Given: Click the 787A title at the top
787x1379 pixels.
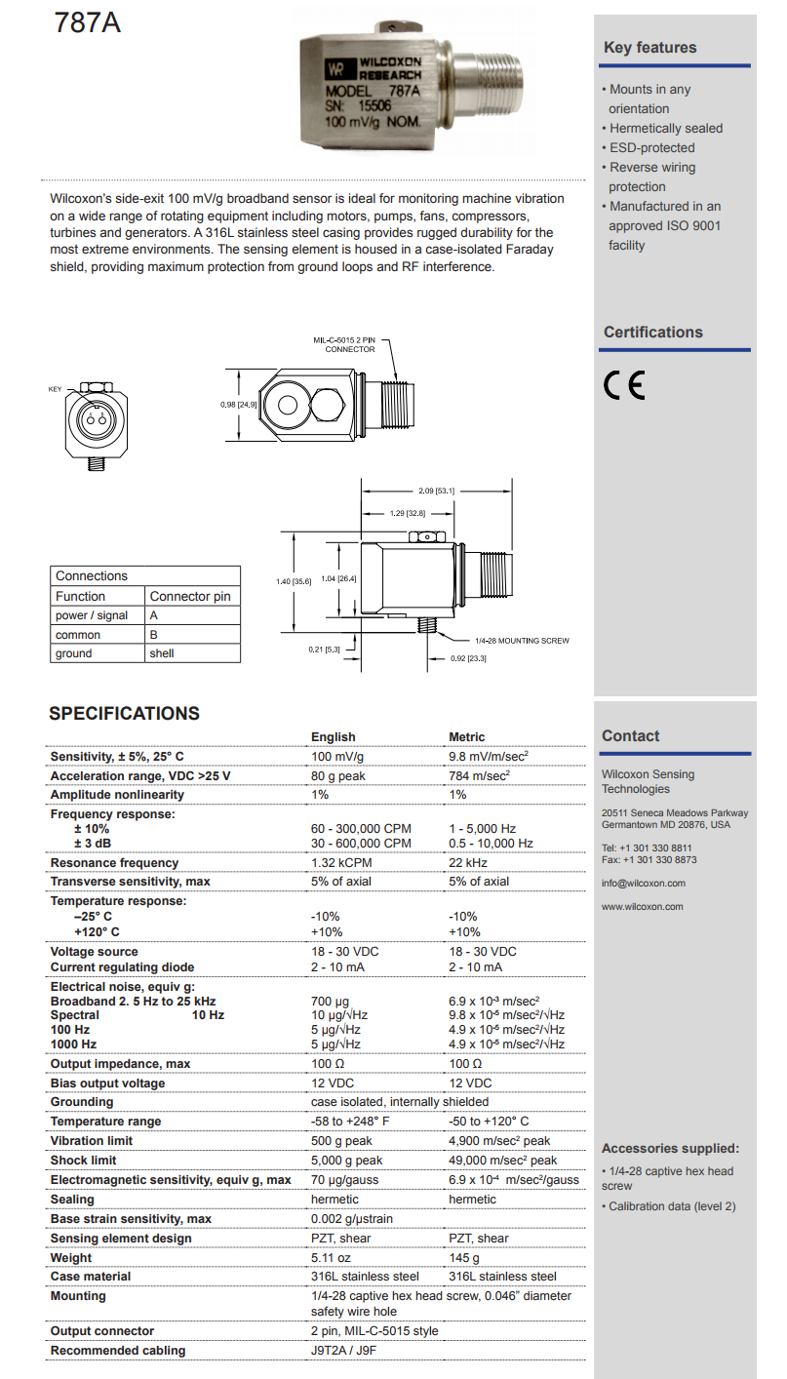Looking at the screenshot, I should coord(88,21).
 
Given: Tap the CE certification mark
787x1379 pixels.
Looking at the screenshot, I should coord(624,387).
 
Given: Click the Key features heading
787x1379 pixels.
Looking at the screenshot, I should coord(649,48).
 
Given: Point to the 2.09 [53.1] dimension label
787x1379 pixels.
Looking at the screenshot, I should coord(437,491).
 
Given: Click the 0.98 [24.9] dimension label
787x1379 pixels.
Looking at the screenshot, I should coord(239,404).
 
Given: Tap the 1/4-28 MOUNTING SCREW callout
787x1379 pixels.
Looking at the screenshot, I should coord(522,641).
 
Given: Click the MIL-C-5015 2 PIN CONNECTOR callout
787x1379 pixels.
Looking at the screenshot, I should coord(349,344).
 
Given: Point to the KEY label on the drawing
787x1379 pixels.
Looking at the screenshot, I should coord(55,389).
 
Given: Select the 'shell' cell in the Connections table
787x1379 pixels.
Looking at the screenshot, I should coord(162,653).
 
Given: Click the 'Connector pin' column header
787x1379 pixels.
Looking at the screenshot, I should coord(190,596).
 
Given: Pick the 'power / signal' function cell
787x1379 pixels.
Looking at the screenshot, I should coord(92,615).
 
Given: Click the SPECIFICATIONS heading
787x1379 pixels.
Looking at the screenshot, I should coord(124,714).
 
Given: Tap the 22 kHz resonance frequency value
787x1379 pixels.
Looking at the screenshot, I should coord(468,863).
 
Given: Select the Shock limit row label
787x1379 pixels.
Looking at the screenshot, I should coord(83,1161).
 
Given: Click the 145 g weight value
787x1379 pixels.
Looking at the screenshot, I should coord(464,1258).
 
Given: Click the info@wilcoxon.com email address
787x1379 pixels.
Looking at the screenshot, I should coord(643,884).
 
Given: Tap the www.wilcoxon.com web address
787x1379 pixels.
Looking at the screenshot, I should coord(642,907).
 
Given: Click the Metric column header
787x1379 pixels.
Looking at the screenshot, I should coord(466,737).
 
